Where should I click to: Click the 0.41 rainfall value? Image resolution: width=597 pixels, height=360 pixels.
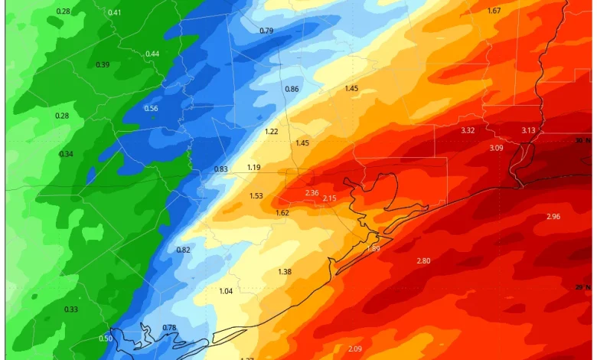[x=114, y=12]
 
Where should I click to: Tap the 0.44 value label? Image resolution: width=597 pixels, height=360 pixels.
[x=152, y=54]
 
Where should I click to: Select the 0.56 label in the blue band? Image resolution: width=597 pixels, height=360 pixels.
[x=151, y=108]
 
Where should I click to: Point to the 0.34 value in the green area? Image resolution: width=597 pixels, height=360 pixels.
[x=67, y=154]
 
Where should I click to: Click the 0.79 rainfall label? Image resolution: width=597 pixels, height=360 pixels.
[x=266, y=31]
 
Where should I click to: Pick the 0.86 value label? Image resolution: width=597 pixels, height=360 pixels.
[x=292, y=89]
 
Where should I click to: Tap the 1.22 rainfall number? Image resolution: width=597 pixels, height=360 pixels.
[x=272, y=132]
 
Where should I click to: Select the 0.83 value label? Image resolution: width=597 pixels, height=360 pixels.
[x=221, y=169]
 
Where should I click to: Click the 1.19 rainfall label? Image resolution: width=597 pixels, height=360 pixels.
[x=254, y=167]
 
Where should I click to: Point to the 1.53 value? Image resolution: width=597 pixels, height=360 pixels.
[x=256, y=196]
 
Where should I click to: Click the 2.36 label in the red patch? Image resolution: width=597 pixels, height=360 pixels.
[x=312, y=193]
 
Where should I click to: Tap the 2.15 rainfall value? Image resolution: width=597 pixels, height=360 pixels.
[x=329, y=198]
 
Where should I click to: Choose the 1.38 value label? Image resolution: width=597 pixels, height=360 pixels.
[x=285, y=272]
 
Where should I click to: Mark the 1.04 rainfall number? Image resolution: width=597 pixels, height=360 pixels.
[x=226, y=291]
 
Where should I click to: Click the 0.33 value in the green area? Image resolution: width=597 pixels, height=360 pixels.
[x=71, y=309]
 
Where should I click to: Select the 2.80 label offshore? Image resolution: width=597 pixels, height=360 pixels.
[x=423, y=261]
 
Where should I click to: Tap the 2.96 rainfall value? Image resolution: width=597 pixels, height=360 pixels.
[x=553, y=217]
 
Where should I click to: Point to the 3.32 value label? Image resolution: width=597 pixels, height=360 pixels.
[x=468, y=130]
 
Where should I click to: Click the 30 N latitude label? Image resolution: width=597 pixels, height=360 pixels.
[x=584, y=140]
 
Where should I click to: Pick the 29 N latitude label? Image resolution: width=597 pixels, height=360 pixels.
[x=583, y=287]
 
